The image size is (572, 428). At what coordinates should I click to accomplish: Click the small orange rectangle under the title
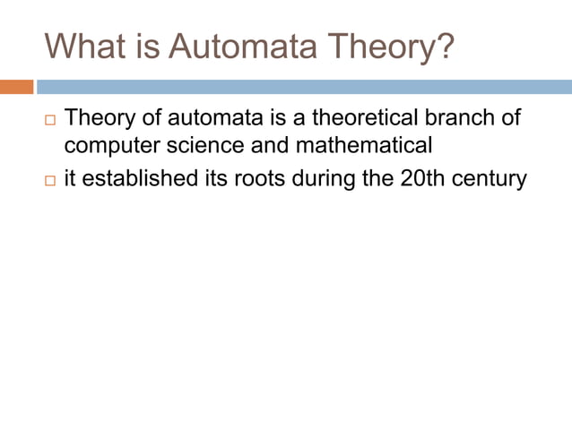16,87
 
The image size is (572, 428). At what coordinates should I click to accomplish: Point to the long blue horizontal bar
304,87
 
